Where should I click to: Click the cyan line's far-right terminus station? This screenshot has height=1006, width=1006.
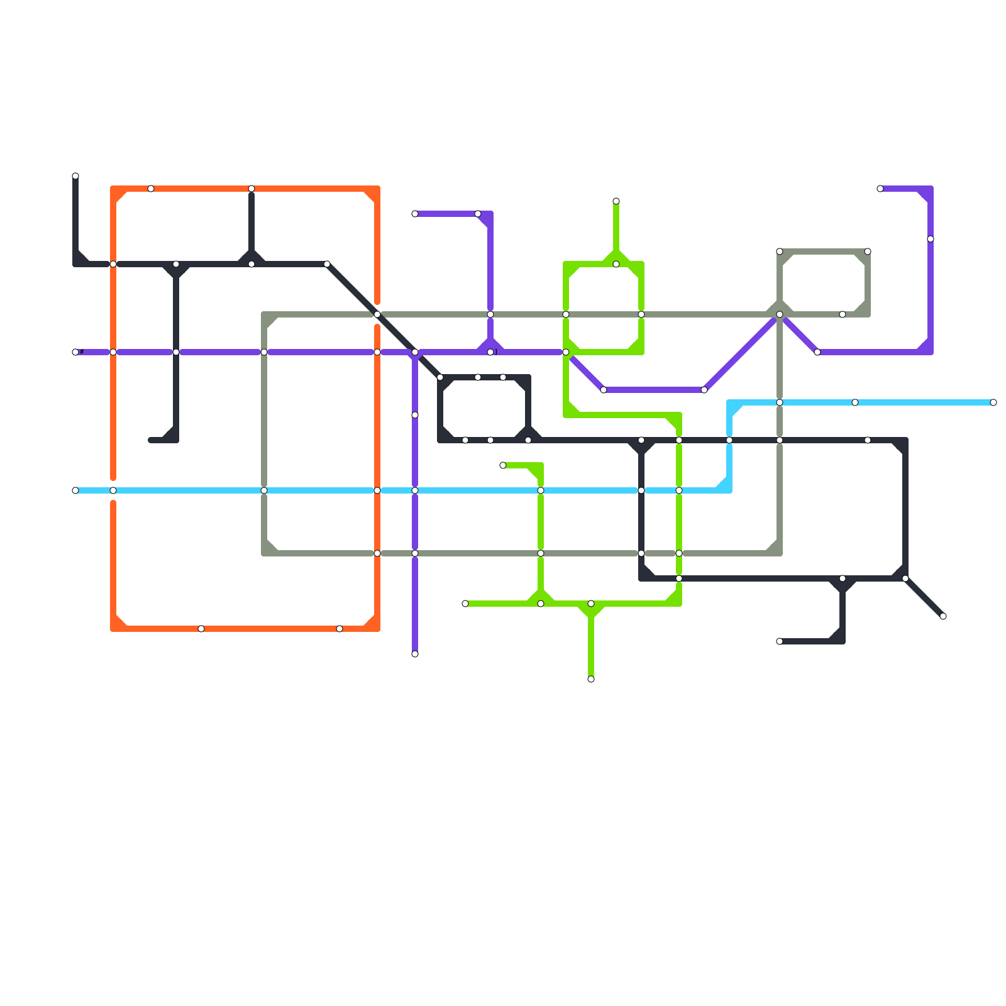tap(993, 402)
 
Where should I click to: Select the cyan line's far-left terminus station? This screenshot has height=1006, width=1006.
tap(75, 490)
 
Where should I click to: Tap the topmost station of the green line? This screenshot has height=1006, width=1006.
tap(616, 201)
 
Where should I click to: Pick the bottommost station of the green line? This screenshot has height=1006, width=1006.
tap(591, 679)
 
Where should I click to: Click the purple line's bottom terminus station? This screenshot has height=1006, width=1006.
tap(415, 654)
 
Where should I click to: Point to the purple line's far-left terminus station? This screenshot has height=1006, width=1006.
tap(75, 352)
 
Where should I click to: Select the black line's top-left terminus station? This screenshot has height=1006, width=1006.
tap(75, 176)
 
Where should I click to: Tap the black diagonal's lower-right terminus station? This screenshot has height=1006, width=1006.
tap(943, 616)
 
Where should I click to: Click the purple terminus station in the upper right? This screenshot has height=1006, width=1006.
tap(880, 189)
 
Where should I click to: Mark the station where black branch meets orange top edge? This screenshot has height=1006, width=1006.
tap(251, 189)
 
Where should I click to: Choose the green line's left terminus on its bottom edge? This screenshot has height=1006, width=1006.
tap(465, 604)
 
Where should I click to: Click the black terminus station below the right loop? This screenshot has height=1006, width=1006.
tap(780, 641)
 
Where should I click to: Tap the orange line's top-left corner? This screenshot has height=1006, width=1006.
tap(114, 189)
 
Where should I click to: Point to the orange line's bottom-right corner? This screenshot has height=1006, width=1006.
tap(377, 629)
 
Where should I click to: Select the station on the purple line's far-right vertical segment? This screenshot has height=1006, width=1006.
tap(931, 239)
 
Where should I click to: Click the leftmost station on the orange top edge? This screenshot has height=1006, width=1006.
tap(151, 189)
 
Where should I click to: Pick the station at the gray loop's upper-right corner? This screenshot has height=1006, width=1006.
tap(868, 251)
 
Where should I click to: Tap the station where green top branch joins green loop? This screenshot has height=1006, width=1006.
tap(616, 264)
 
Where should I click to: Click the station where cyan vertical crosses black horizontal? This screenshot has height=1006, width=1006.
tap(729, 440)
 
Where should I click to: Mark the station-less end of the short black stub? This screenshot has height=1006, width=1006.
tap(151, 440)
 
